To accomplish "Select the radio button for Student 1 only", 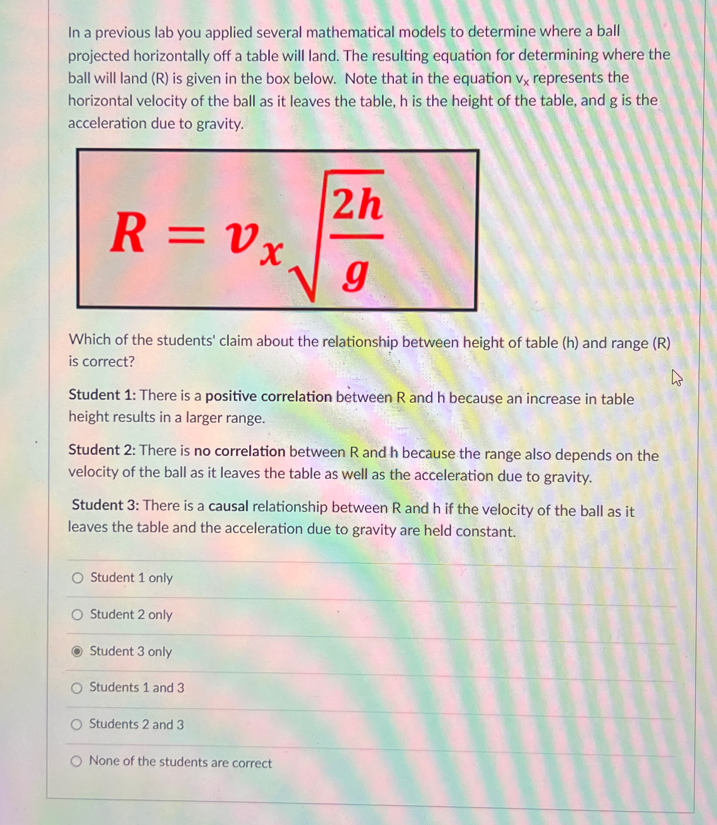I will tap(77, 578).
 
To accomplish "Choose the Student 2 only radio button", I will tap(77, 615).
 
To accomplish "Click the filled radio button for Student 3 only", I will tap(77, 651).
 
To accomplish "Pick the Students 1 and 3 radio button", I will tap(77, 688).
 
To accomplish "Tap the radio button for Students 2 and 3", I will tap(76, 724).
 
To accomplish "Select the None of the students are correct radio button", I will tap(76, 761).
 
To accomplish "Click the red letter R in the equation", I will tap(127, 234).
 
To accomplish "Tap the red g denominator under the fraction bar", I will tap(355, 275).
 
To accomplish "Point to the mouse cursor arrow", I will tap(677, 377).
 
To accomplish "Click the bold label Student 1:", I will tap(102, 395).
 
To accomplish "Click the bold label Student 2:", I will tap(102, 450).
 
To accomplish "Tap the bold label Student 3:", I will tap(105, 505).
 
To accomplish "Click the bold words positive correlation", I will tap(268, 397).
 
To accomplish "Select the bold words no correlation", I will tap(239, 451).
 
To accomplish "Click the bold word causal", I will tap(228, 506).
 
